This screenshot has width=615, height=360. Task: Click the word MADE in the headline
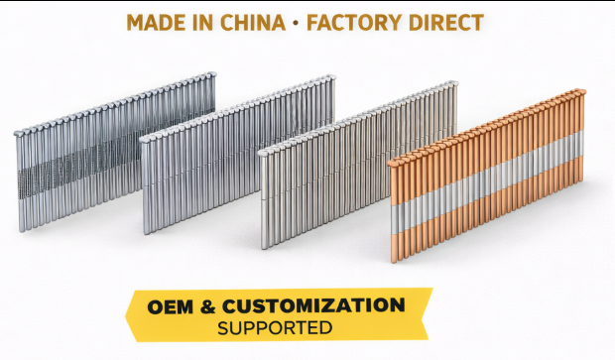(x=157, y=22)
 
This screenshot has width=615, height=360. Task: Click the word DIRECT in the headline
(x=452, y=22)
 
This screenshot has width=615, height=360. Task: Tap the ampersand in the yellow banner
(x=208, y=305)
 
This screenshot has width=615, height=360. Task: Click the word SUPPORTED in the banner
(x=276, y=327)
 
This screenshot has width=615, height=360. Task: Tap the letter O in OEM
(x=156, y=305)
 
